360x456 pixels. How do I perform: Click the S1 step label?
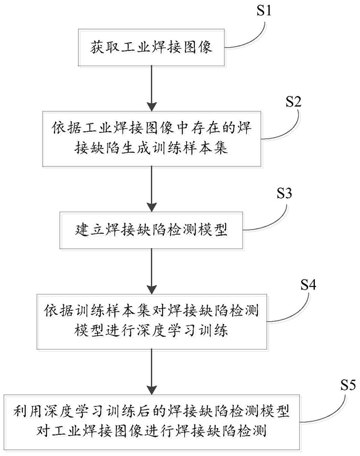(264, 11)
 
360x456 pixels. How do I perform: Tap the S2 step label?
(293, 102)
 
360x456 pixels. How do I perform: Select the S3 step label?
(284, 194)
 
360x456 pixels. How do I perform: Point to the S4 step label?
(308, 285)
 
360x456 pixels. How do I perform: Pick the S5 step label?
(348, 385)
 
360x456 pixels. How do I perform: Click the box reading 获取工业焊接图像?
(151, 48)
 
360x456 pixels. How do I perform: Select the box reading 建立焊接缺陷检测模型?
(151, 230)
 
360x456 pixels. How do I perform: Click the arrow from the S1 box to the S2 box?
(152, 88)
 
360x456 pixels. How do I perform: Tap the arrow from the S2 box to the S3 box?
(152, 189)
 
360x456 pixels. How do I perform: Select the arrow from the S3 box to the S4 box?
(152, 272)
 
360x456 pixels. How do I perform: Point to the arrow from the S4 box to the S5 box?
(152, 372)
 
